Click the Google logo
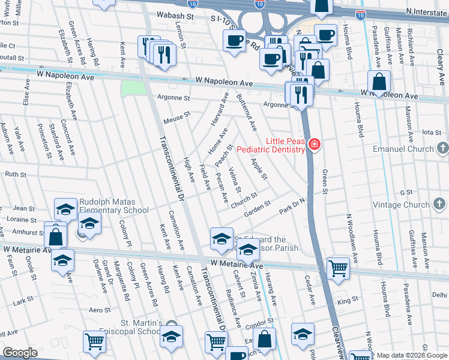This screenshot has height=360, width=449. (x=20, y=353)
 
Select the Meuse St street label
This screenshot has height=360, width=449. (x=176, y=117)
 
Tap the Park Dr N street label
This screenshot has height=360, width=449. (x=292, y=208)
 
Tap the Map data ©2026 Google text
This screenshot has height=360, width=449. (x=412, y=355)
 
